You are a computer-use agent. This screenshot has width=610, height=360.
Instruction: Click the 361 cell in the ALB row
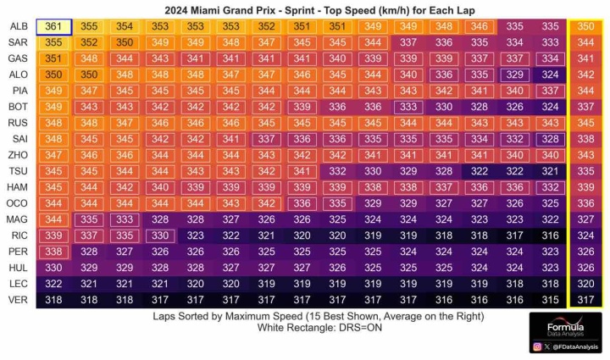coord(53,27)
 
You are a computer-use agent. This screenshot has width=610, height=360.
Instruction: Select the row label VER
coord(19,300)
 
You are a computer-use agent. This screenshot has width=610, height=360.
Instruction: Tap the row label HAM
coord(18,187)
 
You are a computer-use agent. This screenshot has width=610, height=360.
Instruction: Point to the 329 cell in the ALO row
coord(515,75)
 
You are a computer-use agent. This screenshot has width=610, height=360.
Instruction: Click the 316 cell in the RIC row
coord(550,235)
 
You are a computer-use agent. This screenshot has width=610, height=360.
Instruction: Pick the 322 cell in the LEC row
coord(53,284)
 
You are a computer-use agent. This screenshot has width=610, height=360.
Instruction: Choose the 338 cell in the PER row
coord(53,252)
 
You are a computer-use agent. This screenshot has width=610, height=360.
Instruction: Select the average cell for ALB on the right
coord(585,27)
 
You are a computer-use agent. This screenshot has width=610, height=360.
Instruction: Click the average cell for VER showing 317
coord(585,300)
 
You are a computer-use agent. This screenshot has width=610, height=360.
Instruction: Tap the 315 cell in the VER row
coord(550,300)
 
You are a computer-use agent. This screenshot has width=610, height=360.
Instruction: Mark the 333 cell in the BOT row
coord(408,107)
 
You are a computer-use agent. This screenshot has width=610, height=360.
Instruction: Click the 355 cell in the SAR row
coord(53,42)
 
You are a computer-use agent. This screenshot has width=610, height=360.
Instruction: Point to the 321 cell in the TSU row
coord(550,171)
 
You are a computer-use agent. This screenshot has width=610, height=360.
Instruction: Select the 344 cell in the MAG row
coord(53,219)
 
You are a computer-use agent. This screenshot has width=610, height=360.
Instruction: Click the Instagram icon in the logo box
coord(537,346)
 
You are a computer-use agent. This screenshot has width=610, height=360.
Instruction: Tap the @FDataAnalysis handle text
coord(575,346)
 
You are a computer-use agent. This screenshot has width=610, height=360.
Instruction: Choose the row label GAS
coord(18,58)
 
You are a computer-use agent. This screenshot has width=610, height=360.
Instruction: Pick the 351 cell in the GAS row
coord(53,58)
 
